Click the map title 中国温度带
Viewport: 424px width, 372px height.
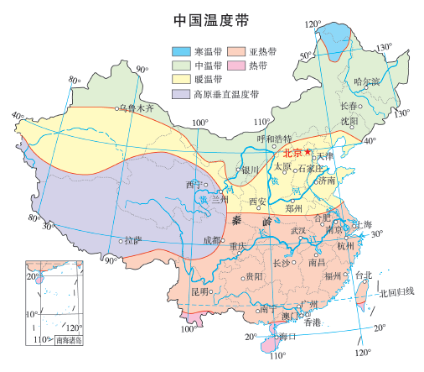(211, 19)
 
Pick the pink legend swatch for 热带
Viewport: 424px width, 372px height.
(240, 65)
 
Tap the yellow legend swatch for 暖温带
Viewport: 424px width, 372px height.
(180, 78)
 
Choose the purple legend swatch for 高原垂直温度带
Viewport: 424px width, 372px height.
(180, 93)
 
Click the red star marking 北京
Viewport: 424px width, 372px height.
(308, 152)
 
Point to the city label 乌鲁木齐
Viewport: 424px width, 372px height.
(138, 108)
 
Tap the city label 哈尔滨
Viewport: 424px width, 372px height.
(366, 82)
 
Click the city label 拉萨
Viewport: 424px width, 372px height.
(132, 241)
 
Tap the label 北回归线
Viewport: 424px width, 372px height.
(396, 293)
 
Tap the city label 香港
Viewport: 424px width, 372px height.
(313, 322)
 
